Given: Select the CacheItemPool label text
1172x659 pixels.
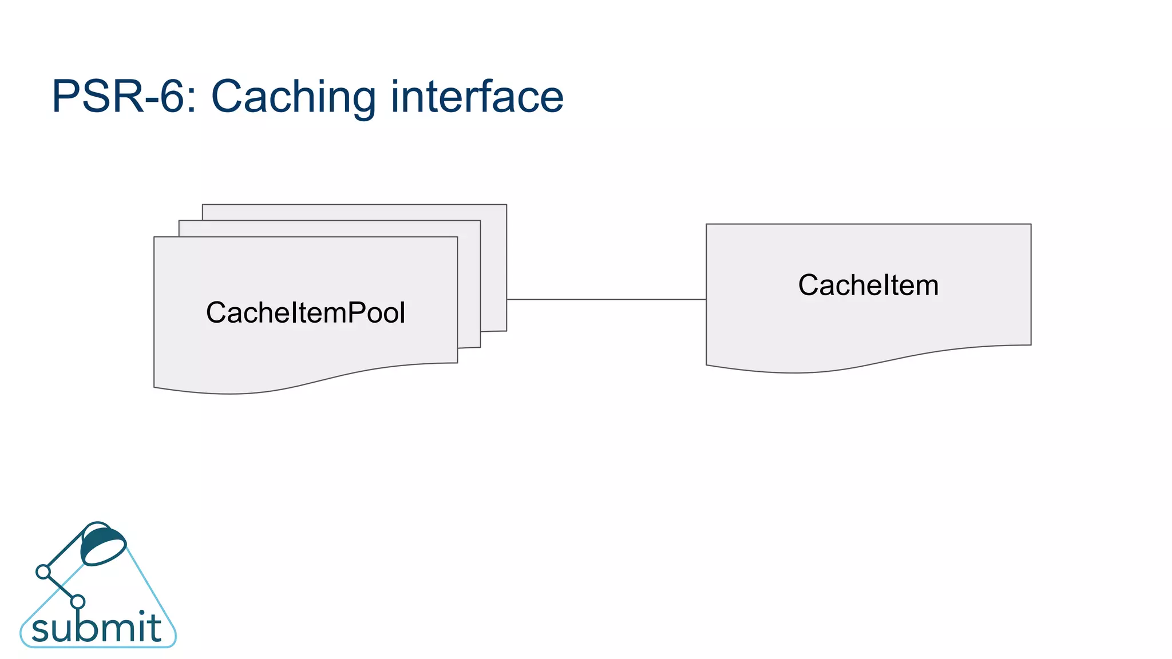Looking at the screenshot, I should (305, 313).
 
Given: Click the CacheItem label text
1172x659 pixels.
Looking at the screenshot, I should (868, 285).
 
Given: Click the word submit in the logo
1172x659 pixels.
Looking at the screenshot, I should (96, 628).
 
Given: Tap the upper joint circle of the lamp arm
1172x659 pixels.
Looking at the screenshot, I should (43, 571).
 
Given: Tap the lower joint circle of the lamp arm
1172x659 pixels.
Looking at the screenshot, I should (78, 601).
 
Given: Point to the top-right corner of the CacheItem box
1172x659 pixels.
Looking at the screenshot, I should (1030, 225).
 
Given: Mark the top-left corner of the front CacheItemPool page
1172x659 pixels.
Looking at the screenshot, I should (155, 237).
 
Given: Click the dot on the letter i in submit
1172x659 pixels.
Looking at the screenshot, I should (141, 613).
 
